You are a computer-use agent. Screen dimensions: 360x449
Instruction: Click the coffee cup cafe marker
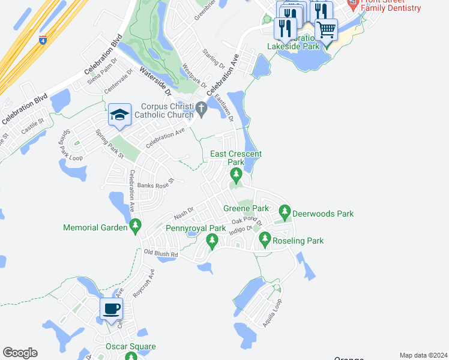[110, 310]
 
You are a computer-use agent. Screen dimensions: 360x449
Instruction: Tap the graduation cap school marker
[119, 115]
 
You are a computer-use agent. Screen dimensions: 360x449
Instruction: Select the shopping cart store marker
[326, 28]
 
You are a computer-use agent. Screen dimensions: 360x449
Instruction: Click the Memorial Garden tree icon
[136, 227]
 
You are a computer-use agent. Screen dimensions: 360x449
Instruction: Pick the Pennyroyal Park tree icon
[211, 240]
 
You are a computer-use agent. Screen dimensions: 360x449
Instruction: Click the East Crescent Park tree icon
[236, 175]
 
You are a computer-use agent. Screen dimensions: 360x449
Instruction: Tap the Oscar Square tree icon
[131, 356]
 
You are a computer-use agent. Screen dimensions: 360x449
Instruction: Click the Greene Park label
[246, 209]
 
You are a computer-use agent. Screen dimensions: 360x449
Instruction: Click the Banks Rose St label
[155, 184]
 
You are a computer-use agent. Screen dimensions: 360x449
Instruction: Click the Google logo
[20, 353]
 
